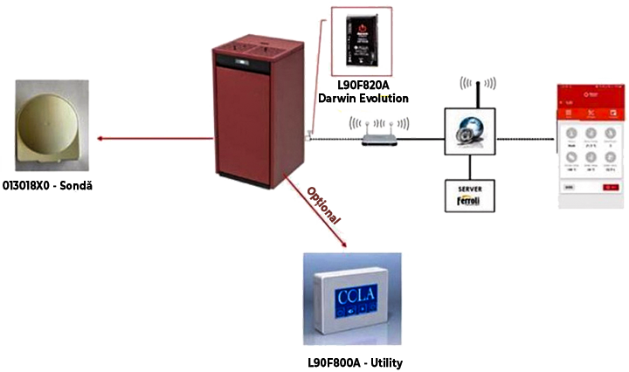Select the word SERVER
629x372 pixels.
coord(471,189)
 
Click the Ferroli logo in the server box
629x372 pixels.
coord(471,202)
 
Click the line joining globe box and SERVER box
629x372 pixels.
coord(471,169)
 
